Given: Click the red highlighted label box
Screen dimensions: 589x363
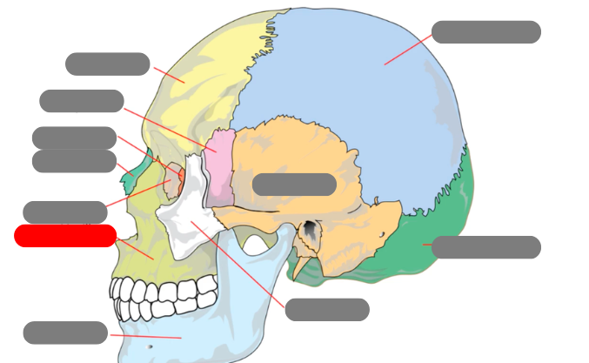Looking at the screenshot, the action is tap(65, 236).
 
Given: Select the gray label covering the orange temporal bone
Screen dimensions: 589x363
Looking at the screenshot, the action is tap(294, 185).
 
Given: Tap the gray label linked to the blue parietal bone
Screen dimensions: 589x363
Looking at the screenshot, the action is tap(485, 32).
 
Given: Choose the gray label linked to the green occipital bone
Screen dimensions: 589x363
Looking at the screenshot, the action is tap(485, 247).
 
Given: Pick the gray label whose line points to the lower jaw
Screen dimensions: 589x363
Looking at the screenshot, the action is tap(65, 333).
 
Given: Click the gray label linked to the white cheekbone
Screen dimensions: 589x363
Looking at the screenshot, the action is tap(327, 310).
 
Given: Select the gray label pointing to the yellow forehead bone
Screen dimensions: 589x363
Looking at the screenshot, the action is tap(107, 64).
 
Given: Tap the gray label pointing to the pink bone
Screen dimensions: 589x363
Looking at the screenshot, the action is tap(81, 101).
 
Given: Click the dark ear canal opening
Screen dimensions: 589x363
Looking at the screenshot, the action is tap(309, 231).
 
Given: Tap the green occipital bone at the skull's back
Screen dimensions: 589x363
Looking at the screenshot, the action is tap(452, 218).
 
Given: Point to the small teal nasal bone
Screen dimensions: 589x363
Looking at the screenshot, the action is tap(129, 181).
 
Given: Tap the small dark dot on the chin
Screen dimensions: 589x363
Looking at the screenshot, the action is tap(149, 346).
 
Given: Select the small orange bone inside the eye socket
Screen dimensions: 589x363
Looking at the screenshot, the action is tap(175, 174).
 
